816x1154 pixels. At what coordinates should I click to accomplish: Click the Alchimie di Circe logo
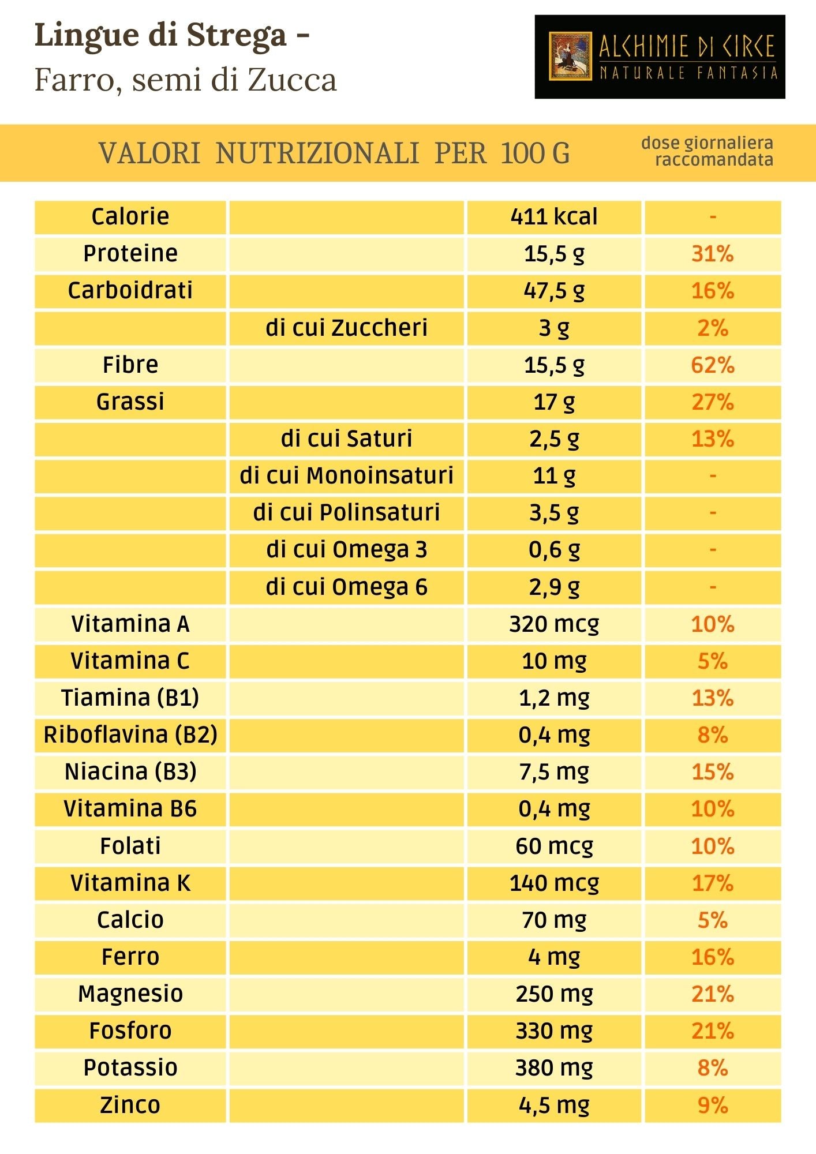pos(660,57)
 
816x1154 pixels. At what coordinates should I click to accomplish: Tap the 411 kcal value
pos(554,217)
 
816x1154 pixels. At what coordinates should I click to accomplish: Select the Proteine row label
pos(130,254)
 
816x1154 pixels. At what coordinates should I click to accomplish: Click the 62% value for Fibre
pos(713,365)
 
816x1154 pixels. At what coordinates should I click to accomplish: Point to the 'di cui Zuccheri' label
pos(346,328)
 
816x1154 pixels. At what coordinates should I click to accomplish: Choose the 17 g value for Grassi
pos(554,402)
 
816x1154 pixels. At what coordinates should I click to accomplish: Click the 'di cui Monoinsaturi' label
pos(346,476)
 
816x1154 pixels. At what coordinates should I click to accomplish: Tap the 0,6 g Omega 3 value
pos(554,550)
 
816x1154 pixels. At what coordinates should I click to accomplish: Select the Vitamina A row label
pos(130,624)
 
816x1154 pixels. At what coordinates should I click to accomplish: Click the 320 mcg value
pos(554,624)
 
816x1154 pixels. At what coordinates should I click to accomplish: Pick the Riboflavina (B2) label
pos(130,735)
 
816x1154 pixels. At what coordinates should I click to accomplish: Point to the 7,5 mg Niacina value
pos(554,772)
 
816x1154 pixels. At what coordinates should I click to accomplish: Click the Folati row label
pos(130,846)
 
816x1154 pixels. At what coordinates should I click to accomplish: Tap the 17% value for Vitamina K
pos(713,883)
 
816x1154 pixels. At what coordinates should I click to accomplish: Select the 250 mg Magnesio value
pos(554,994)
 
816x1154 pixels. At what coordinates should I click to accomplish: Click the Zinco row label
pos(130,1105)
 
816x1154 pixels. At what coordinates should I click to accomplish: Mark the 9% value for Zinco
pos(713,1105)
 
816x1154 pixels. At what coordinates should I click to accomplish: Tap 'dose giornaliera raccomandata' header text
pos(708,151)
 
